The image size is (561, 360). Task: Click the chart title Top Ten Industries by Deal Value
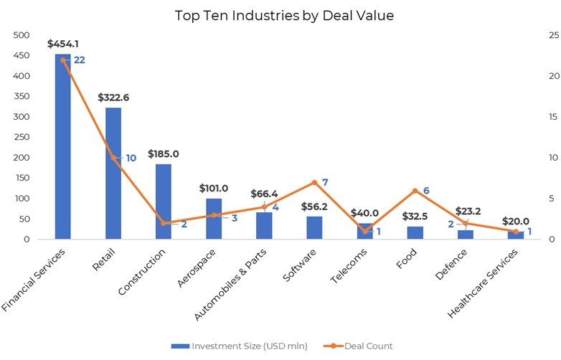(284, 15)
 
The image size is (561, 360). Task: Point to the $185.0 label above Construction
(164, 153)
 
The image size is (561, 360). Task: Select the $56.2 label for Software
(314, 206)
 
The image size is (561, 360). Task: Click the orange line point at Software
(314, 182)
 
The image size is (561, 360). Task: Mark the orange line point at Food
(415, 191)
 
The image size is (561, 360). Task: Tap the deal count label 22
(80, 60)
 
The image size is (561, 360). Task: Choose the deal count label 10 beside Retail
(130, 158)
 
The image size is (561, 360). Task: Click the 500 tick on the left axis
(22, 35)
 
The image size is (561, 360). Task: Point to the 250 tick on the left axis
(22, 137)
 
